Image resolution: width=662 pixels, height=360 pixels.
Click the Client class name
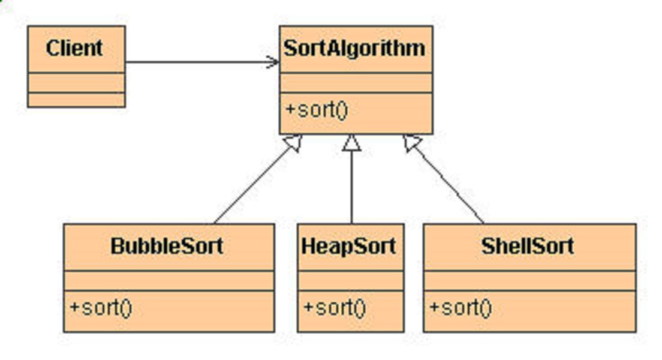[x=75, y=49]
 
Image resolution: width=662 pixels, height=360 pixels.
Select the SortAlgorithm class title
[x=355, y=49]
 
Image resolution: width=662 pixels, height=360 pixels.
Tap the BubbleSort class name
[x=167, y=247]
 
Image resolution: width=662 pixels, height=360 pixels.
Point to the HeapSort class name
[x=349, y=247]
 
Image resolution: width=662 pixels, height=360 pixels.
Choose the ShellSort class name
[x=528, y=247]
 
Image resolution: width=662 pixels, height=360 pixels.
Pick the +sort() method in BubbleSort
[x=101, y=308]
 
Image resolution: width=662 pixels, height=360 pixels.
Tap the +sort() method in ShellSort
[x=461, y=308]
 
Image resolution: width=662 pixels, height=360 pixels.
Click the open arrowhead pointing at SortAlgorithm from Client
[x=273, y=62]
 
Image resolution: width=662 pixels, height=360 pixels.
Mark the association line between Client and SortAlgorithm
[x=198, y=62]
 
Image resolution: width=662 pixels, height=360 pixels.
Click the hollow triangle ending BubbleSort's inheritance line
[x=293, y=143]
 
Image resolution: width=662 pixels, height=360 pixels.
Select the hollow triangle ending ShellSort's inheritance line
[x=412, y=143]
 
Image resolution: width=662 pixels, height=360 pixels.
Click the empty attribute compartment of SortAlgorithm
[x=356, y=83]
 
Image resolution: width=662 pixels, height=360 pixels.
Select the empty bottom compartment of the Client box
[x=76, y=100]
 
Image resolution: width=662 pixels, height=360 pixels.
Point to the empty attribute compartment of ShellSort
[x=529, y=280]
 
